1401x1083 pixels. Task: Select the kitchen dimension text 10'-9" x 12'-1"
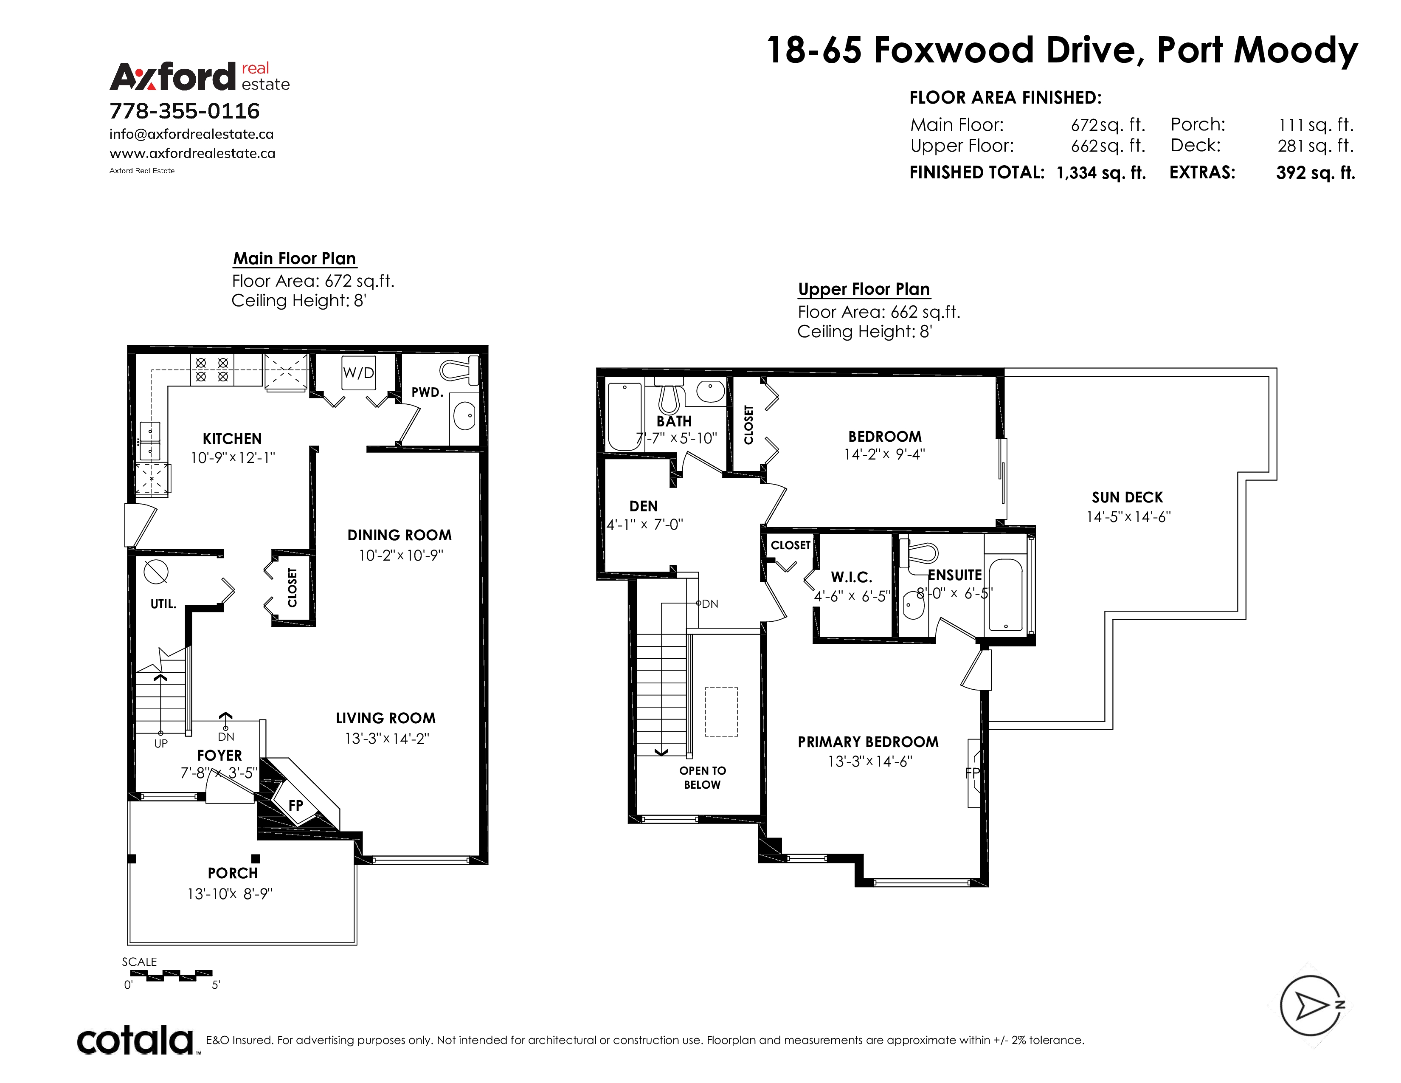coord(233,457)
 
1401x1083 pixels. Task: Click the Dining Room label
coord(399,535)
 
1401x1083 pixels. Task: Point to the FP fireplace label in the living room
coord(296,805)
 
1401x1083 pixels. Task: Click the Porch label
coord(233,873)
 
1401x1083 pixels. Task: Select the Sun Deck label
coord(1127,497)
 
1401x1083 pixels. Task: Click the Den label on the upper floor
coord(644,506)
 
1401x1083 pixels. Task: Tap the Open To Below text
coord(703,778)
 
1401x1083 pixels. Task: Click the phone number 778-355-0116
coord(185,111)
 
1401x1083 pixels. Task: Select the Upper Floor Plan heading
coord(864,289)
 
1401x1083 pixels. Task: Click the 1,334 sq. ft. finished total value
coord(1101,172)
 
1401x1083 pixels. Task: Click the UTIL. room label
coord(163,604)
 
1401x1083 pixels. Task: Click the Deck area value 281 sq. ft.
coord(1316,146)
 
